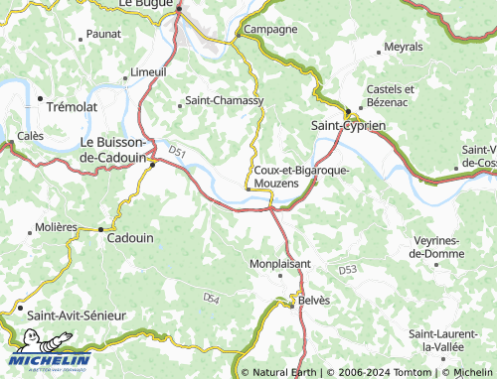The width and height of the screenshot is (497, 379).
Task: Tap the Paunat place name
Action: (104, 34)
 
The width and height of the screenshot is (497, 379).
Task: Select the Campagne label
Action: (270, 29)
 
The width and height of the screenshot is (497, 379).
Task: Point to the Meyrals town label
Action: (403, 47)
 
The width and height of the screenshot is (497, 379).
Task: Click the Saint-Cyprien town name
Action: (348, 126)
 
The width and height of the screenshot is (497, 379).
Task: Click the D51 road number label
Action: (177, 152)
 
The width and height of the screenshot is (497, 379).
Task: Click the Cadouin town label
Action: (129, 239)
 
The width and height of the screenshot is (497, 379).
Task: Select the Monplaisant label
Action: (279, 264)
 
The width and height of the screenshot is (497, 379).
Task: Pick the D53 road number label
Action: (347, 270)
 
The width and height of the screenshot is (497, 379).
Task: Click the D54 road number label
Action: (211, 297)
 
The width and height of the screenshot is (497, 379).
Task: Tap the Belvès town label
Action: (314, 300)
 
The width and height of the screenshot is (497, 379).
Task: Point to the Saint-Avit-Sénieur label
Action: (77, 315)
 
